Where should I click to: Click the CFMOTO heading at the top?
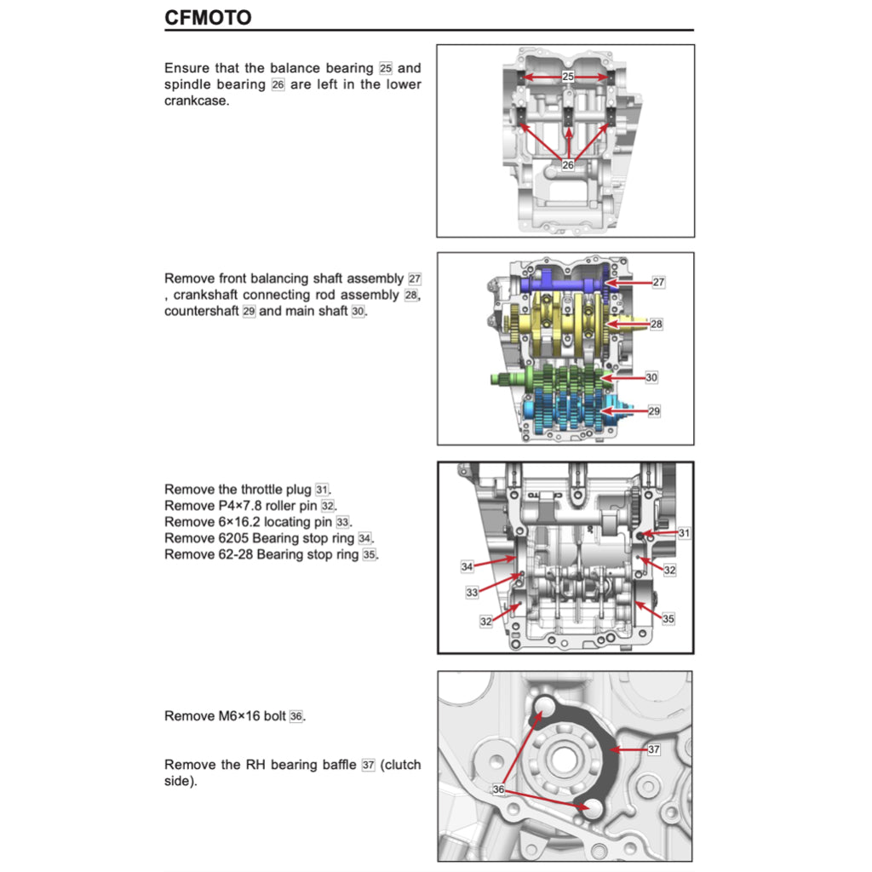pyautogui.click(x=208, y=17)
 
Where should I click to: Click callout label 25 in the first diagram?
pyautogui.click(x=568, y=77)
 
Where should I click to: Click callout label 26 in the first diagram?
pyautogui.click(x=568, y=165)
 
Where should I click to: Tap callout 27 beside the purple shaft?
pyautogui.click(x=658, y=281)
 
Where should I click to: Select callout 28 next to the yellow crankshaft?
pyautogui.click(x=657, y=324)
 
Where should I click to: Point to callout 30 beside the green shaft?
pyautogui.click(x=651, y=376)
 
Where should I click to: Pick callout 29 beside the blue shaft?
pyautogui.click(x=654, y=410)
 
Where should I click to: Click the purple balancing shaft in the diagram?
pyautogui.click(x=562, y=283)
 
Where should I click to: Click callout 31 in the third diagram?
pyautogui.click(x=684, y=532)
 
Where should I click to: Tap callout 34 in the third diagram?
pyautogui.click(x=467, y=566)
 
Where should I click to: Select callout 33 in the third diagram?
pyautogui.click(x=472, y=592)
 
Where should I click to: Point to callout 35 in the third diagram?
pyautogui.click(x=668, y=619)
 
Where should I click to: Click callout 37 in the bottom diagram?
pyautogui.click(x=654, y=750)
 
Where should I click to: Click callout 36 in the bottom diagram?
pyautogui.click(x=498, y=789)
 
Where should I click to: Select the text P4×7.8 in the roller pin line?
pyautogui.click(x=247, y=505)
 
